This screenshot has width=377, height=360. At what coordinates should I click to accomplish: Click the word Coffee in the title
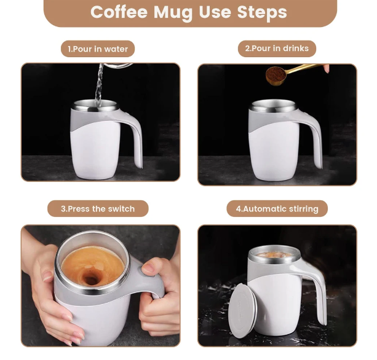(x=119, y=12)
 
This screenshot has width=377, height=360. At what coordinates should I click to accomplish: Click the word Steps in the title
(x=262, y=12)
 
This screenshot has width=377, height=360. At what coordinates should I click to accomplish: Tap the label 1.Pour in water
(x=98, y=49)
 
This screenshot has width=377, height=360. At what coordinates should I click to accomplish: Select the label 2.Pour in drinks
(x=277, y=49)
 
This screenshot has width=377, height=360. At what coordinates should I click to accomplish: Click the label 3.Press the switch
(x=98, y=209)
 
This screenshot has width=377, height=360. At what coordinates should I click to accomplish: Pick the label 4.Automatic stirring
(x=277, y=209)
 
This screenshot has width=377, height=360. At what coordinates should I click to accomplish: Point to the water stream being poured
(x=99, y=85)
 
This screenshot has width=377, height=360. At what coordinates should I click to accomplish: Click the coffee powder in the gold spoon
(x=276, y=74)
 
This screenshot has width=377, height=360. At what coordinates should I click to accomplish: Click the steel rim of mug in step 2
(x=273, y=106)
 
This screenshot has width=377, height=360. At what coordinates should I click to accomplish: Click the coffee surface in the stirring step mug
(x=274, y=255)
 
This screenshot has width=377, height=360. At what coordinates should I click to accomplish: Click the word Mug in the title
(x=173, y=12)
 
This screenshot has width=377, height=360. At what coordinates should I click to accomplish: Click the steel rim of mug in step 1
(x=95, y=106)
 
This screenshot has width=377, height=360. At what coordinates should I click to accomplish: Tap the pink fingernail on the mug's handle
(x=148, y=267)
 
